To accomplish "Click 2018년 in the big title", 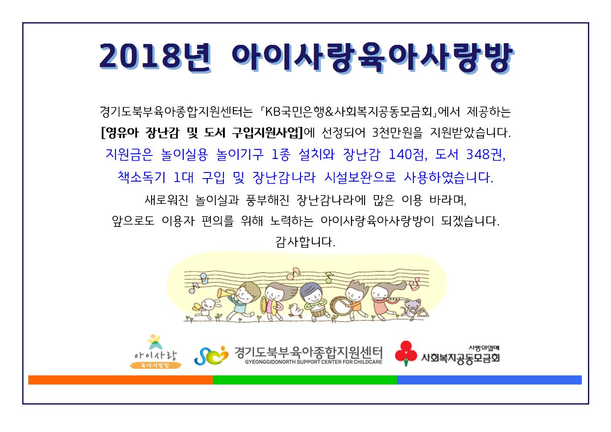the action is [155, 58].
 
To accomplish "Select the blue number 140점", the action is [408, 155].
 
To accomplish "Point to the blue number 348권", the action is [486, 155].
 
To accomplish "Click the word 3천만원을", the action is [397, 133].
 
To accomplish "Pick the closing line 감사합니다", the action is [305, 242].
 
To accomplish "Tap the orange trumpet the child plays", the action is [225, 294].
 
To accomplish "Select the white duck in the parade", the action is [296, 310].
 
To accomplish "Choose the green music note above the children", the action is [329, 277].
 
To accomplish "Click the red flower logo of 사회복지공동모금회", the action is [406, 354].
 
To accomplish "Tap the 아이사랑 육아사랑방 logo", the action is [155, 352].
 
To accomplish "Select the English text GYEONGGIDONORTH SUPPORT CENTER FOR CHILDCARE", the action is [314, 362].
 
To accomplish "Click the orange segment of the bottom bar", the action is [120, 380].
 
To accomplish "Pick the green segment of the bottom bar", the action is [305, 380].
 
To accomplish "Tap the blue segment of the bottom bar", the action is [489, 380].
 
